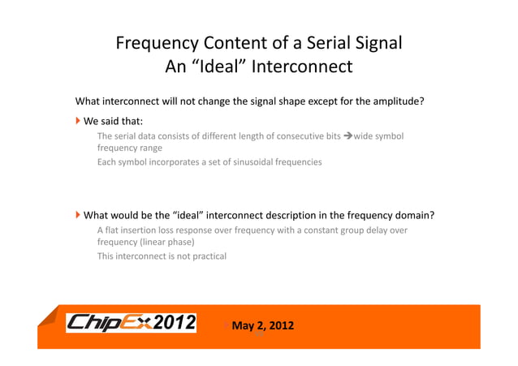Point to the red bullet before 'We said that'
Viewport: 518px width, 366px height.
coord(79,121)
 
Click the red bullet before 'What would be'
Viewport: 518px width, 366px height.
coord(79,215)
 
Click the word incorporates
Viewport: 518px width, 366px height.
coord(161,161)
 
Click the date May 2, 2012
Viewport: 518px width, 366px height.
coord(263,326)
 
